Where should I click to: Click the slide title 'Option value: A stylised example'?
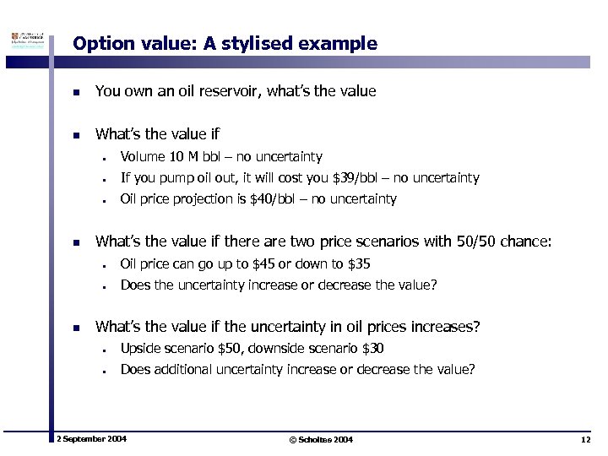pos(225,43)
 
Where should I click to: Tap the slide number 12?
pos(585,440)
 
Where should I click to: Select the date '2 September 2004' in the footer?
pos(91,439)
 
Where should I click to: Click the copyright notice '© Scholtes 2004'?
pos(321,440)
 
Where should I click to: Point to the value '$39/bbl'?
pos(351,177)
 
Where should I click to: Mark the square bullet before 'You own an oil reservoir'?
pos(76,92)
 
